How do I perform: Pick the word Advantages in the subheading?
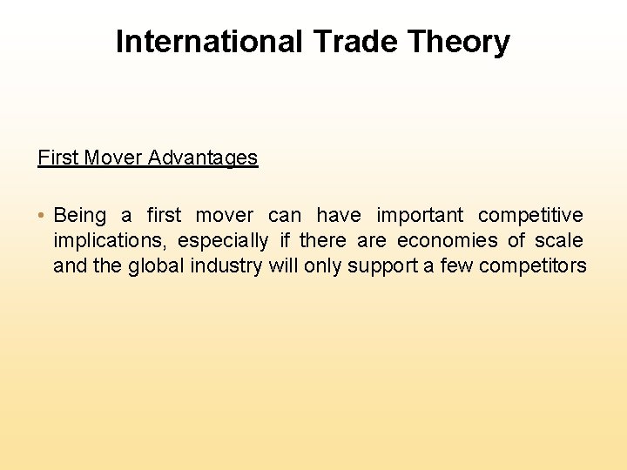(203, 158)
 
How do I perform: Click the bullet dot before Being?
(42, 216)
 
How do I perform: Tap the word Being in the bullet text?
(80, 215)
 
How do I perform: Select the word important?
(421, 215)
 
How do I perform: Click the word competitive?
(530, 215)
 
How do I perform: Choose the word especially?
(223, 240)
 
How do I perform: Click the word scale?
(559, 240)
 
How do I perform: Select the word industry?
(229, 265)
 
